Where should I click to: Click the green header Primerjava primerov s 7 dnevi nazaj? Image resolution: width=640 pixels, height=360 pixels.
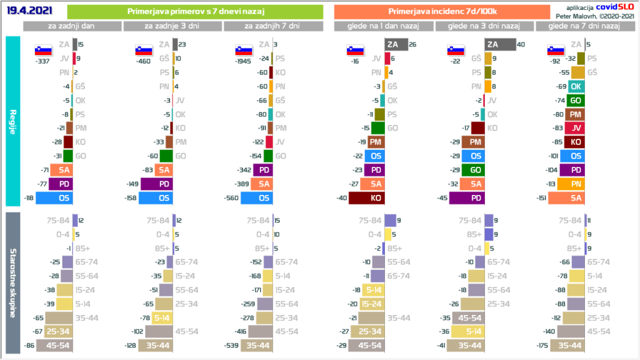194,12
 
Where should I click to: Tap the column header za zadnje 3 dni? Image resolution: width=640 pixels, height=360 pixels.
172,26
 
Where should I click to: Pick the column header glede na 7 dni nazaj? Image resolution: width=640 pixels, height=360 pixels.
584,26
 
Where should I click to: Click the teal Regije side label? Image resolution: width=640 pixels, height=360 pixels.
13,121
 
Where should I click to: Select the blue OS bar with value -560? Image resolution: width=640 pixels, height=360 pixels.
256,198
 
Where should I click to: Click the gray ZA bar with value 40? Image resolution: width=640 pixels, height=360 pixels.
500,44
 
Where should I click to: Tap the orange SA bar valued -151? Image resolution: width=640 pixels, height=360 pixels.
566,198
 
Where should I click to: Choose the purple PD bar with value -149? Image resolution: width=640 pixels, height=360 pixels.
156,184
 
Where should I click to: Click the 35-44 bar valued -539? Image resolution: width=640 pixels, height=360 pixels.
256,345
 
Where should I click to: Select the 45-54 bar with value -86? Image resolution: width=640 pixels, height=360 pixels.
54,345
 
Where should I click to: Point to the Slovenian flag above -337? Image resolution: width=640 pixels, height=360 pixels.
42,50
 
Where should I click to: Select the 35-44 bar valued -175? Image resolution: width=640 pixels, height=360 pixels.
566,345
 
